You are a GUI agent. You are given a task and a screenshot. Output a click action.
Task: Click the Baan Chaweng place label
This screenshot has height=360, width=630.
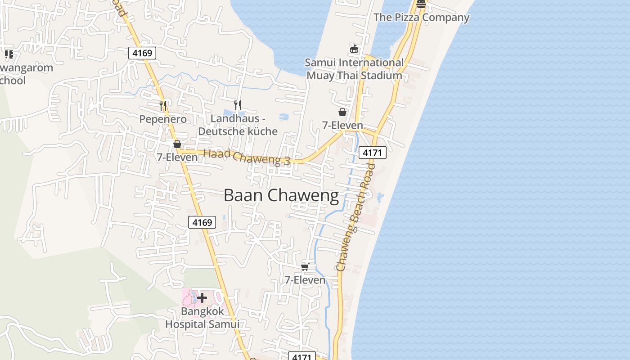(x=281, y=195)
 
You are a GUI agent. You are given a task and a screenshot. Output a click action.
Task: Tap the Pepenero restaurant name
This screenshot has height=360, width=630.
(x=163, y=119)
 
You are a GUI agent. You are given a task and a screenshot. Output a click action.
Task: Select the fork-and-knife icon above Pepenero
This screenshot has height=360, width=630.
(x=163, y=106)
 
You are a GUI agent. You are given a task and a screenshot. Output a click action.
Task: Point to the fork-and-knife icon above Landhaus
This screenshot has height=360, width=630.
(x=238, y=105)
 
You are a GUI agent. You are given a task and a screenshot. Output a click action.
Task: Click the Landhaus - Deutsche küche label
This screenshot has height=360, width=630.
(x=238, y=125)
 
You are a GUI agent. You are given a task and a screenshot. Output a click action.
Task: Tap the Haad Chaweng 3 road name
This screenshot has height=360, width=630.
(x=247, y=157)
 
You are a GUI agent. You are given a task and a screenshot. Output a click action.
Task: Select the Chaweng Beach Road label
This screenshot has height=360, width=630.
(x=355, y=217)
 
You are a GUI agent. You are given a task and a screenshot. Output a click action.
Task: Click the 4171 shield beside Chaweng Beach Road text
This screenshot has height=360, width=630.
(x=373, y=153)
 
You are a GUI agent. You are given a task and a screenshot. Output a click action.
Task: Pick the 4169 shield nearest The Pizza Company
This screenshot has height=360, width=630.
(x=142, y=53)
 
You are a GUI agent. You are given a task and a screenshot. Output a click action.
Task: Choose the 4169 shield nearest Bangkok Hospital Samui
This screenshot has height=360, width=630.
(x=202, y=222)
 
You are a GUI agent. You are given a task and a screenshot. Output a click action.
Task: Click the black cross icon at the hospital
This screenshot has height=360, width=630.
(x=202, y=297)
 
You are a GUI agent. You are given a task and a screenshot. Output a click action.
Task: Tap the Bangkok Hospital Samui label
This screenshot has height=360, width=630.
(x=202, y=318)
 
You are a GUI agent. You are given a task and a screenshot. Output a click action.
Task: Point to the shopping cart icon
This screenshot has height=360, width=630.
(x=305, y=267)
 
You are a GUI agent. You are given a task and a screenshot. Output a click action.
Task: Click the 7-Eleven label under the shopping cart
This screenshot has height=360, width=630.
(x=305, y=280)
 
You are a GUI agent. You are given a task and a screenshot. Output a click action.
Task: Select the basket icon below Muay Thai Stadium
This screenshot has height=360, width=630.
(x=342, y=112)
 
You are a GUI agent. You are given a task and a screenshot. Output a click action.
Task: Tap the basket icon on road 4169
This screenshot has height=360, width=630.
(x=177, y=144)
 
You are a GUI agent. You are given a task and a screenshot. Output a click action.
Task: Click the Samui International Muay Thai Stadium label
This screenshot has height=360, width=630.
(x=354, y=69)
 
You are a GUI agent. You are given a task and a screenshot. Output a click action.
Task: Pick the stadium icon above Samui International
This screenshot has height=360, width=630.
(x=354, y=49)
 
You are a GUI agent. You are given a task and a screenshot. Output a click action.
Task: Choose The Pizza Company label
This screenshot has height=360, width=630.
(x=422, y=18)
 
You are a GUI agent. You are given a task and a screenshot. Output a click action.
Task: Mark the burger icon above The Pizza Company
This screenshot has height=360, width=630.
(x=421, y=4)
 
